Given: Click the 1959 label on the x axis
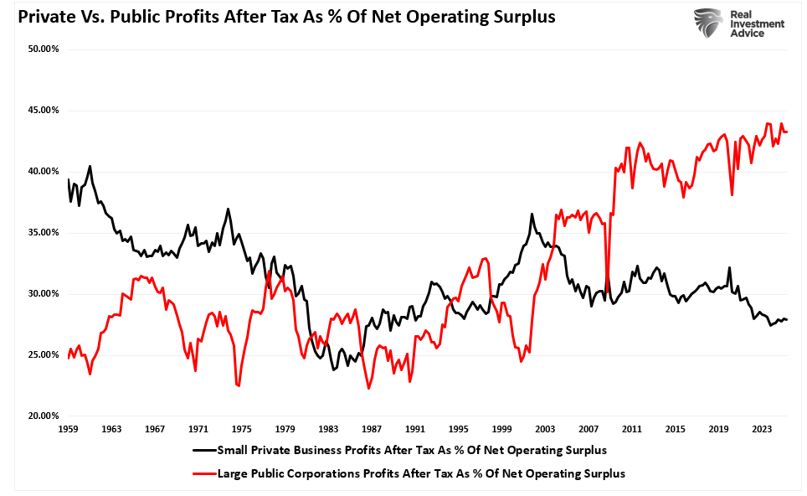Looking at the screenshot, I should (69, 429).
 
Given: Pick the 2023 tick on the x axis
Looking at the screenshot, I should (762, 429).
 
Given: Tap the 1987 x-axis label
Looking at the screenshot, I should (372, 429).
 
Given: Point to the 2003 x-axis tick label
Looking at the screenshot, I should (545, 429).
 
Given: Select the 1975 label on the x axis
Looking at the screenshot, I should (242, 429).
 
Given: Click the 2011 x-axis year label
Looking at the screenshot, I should (632, 429).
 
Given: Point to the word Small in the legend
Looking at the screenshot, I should (234, 451).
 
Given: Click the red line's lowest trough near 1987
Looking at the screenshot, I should (368, 388).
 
